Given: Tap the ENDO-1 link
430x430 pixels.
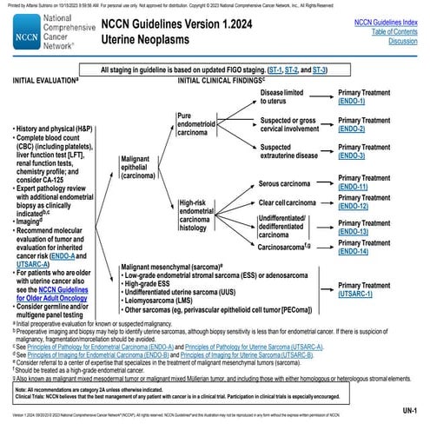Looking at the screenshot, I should click(353, 103).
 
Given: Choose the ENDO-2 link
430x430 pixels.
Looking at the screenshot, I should click(353, 129).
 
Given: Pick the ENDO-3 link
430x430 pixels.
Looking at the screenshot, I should click(353, 157).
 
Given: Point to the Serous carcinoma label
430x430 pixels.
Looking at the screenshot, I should click(289, 184).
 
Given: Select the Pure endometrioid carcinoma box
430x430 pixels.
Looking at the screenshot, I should click(202, 123).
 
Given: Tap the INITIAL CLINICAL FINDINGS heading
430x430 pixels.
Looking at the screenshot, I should click(229, 81).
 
